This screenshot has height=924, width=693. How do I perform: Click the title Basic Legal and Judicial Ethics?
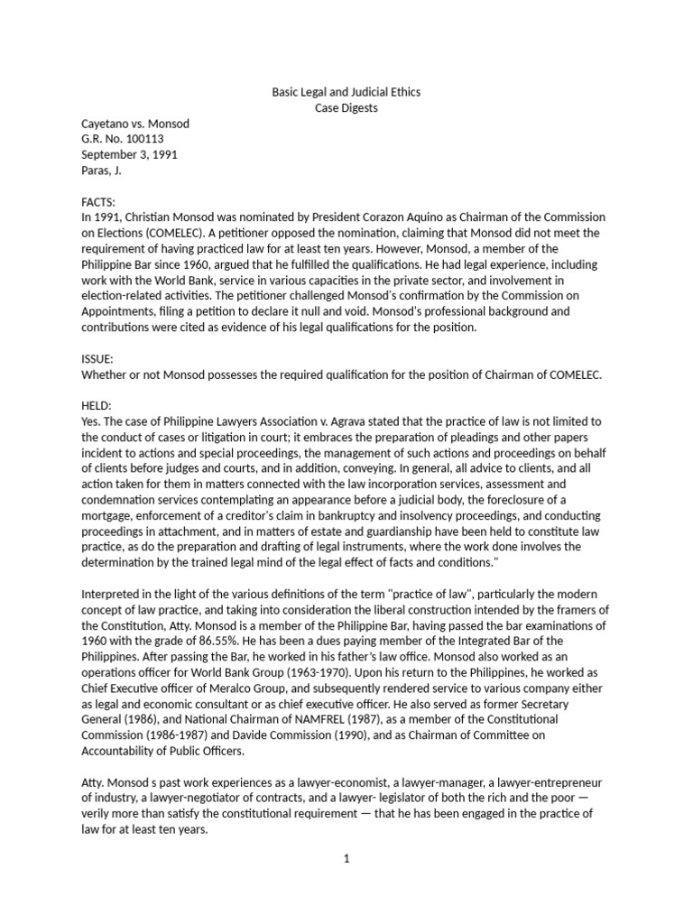pos(346,92)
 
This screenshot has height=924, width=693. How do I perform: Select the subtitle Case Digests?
pos(346,107)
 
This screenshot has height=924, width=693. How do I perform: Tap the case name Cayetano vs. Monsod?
pos(135,124)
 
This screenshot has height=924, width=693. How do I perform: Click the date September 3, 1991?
pos(130,154)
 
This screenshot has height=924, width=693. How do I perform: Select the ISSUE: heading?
pos(97,358)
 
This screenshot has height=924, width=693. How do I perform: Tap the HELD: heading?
pos(97,405)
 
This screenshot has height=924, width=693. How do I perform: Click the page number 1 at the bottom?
pos(346,858)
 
